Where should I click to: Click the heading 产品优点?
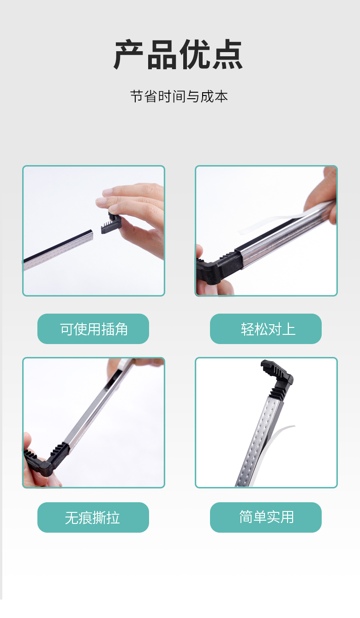178,54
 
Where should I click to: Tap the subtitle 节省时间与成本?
179,96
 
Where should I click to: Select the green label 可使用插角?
93,329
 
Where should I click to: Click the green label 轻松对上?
266,329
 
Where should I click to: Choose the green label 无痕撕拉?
93,517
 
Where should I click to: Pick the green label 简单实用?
266,517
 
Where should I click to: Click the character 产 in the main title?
129,54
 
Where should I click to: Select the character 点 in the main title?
228,54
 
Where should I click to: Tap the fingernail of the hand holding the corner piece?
101,202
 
